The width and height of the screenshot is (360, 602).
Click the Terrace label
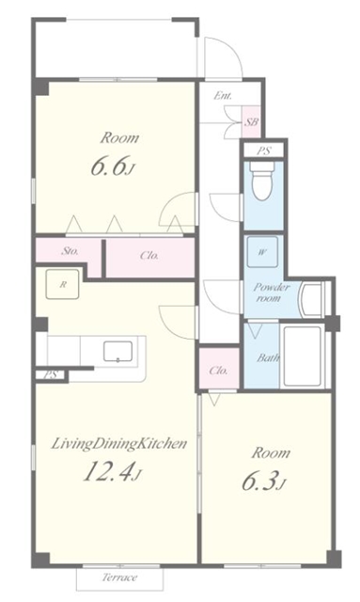pos(119,577)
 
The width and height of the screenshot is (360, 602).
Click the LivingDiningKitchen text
pos(119,444)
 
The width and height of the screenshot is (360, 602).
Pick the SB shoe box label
pos(251,122)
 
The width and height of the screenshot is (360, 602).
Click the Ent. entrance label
pos(223,96)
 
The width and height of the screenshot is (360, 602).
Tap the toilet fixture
pos(262,180)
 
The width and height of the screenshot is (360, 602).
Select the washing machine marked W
pos(262,252)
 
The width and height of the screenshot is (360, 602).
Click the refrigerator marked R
pos(63,284)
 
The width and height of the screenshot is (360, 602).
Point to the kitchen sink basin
pos(117,352)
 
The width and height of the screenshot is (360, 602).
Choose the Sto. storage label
pos(70,251)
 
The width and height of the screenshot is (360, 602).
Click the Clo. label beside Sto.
pos(149,255)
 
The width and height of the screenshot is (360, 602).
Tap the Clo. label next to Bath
pos(219,371)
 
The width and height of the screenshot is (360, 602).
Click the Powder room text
pos(272,293)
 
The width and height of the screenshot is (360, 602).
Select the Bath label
pos(268,357)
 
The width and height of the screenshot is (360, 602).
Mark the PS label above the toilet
pos(264,150)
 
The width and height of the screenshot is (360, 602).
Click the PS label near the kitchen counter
pos(51,374)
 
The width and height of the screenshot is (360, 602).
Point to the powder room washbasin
pos(312,299)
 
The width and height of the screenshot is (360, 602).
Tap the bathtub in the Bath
pos(303,356)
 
